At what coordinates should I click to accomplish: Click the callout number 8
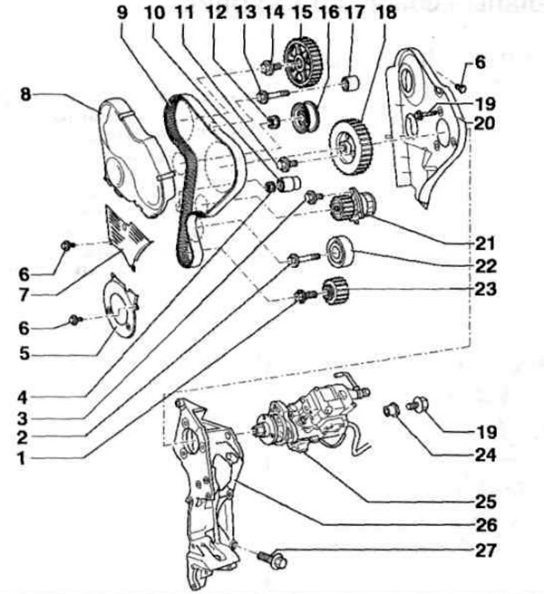[x=25, y=94]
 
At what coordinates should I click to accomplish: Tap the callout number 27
[x=486, y=551]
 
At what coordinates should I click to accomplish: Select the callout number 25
[x=486, y=502]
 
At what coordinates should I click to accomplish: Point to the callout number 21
[x=486, y=244]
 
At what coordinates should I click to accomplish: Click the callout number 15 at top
[x=302, y=12]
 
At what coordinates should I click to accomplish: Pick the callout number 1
[x=21, y=459]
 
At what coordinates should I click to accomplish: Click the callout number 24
[x=486, y=455]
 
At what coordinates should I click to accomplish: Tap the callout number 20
[x=485, y=123]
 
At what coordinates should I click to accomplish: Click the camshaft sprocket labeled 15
[x=303, y=62]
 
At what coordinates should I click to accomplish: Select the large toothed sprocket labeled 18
[x=350, y=147]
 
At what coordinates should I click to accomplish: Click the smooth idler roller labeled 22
[x=340, y=251]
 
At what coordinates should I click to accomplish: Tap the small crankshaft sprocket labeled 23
[x=335, y=291]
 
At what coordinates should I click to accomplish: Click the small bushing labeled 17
[x=350, y=83]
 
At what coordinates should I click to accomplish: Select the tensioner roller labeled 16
[x=306, y=117]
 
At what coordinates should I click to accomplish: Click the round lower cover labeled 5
[x=120, y=306]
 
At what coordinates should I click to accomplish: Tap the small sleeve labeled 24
[x=391, y=410]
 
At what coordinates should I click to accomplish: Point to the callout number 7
[x=24, y=295]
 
